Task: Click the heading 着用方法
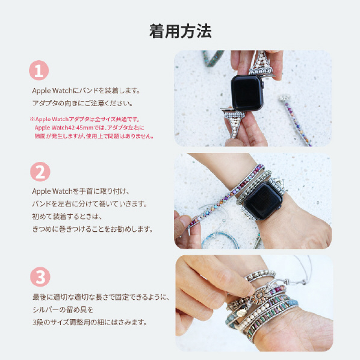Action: (180, 31)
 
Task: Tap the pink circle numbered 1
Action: (39, 70)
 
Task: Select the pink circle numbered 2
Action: (40, 172)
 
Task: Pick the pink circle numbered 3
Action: (40, 277)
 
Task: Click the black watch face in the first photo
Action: (247, 93)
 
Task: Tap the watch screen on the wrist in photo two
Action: (263, 200)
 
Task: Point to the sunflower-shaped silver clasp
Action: (260, 296)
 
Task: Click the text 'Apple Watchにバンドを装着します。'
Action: (86, 91)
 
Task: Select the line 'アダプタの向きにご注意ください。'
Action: (82, 103)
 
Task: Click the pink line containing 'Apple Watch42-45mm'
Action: (90, 128)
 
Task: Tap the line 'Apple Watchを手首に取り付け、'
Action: (81, 191)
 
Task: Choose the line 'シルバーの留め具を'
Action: (63, 309)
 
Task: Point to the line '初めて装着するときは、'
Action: (67, 216)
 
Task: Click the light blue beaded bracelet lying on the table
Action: (221, 240)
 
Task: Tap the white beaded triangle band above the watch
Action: (261, 62)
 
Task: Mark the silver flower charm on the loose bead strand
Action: (285, 98)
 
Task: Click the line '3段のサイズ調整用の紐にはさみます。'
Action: (90, 322)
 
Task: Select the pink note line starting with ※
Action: (85, 119)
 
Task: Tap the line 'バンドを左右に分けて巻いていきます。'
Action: (90, 204)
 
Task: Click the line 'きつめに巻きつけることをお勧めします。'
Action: (92, 229)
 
